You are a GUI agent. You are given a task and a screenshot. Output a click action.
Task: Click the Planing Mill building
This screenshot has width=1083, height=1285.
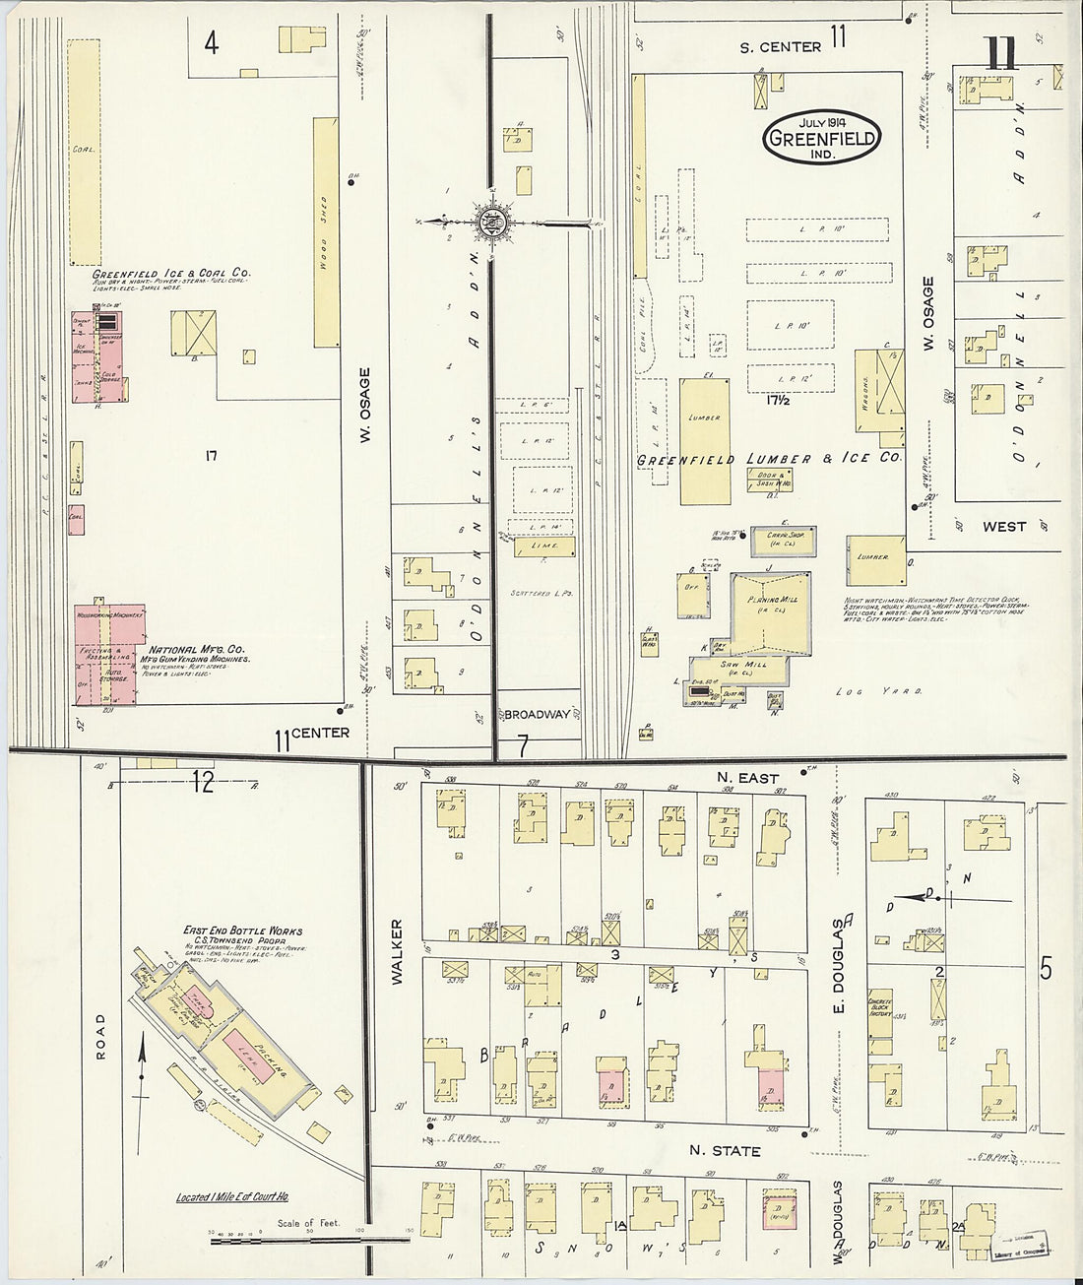[770, 613]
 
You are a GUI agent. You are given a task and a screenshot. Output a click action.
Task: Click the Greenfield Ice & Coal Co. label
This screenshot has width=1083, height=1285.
[171, 273]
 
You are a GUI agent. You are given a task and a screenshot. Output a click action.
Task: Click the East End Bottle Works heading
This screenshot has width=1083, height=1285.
[242, 930]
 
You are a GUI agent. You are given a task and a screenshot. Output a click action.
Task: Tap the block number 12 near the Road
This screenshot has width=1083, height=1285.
[203, 782]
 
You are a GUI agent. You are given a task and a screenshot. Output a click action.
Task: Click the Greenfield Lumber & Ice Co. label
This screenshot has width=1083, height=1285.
[768, 459]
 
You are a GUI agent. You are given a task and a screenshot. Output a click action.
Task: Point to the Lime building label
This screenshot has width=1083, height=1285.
[543, 546]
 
